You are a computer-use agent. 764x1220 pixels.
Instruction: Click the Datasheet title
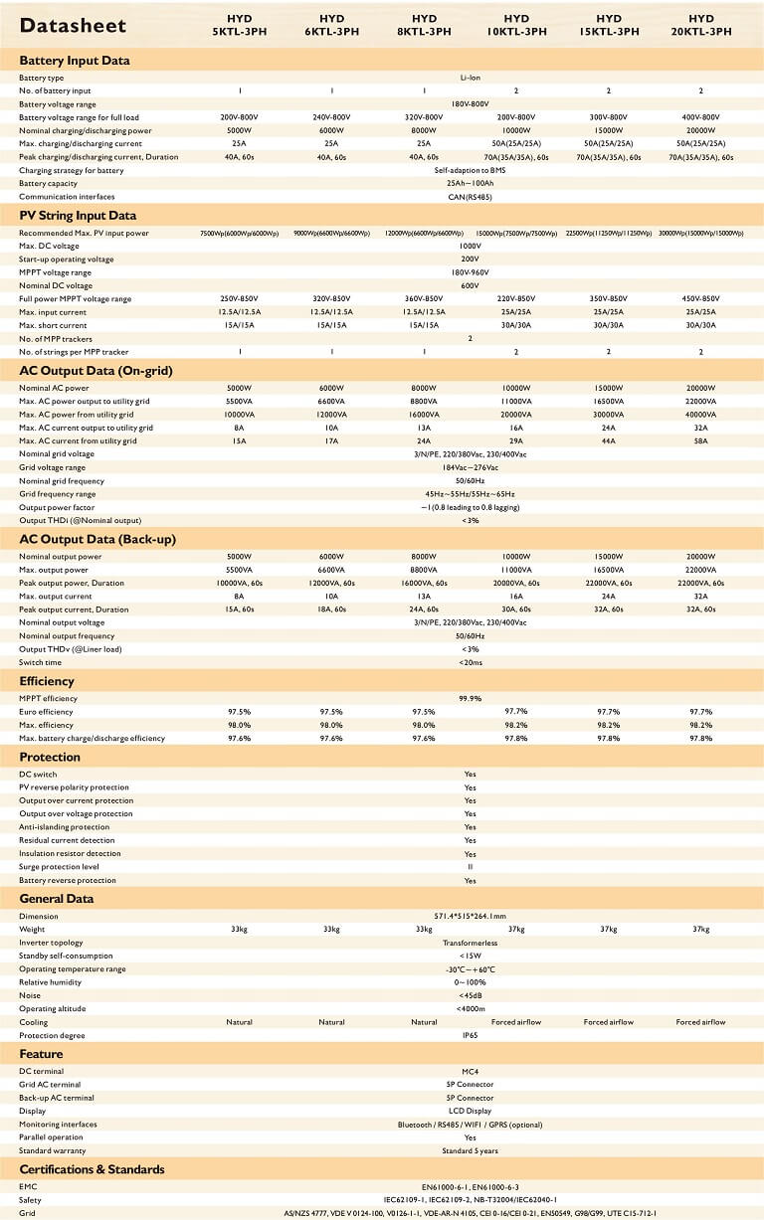pos(68,25)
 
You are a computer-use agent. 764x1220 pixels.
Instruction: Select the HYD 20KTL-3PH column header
pos(700,25)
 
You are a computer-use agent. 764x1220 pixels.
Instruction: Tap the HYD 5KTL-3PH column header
pos(240,25)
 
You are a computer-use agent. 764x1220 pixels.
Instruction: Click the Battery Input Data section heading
pos(75,60)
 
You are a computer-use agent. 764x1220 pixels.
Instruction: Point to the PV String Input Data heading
pos(78,215)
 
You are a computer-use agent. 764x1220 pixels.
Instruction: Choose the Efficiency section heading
pos(47,681)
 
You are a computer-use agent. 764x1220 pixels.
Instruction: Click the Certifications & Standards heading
pos(92,1169)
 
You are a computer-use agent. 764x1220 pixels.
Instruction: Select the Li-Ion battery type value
pos(471,78)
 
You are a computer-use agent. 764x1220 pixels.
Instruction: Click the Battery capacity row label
pos(48,183)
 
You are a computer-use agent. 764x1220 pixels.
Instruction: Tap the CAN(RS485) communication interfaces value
pos(471,197)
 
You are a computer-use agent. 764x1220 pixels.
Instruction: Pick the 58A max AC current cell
pos(700,440)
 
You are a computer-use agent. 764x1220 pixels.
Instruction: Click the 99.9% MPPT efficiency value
pos(471,699)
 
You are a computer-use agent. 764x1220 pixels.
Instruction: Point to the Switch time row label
pos(40,662)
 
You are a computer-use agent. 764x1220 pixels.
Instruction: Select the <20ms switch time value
pos(471,662)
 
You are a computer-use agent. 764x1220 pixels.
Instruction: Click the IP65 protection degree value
pos(471,1035)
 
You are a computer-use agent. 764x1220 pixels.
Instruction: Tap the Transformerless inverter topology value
pos(471,943)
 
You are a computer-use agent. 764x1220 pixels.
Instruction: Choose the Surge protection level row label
pos(60,867)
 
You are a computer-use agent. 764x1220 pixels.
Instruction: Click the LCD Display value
pos(471,1111)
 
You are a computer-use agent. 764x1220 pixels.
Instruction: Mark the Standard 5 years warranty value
pos(471,1150)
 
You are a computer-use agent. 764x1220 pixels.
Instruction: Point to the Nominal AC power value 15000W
pos(609,388)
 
